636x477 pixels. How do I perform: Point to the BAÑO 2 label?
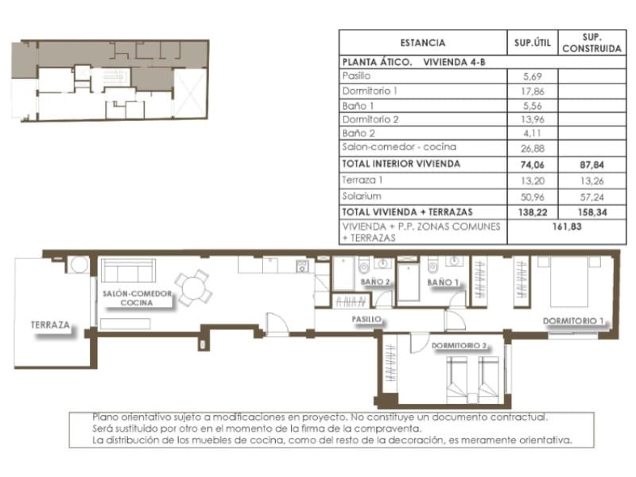point(374,282)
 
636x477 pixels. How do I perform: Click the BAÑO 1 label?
point(443,282)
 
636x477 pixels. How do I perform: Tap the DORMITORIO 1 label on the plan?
point(574,321)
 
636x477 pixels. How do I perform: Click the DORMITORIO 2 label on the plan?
point(460,346)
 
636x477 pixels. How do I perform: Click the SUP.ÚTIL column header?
point(532,43)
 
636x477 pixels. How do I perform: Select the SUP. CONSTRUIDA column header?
point(591,43)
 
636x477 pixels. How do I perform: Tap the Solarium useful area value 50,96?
point(532,195)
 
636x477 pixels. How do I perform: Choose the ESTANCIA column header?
point(422,43)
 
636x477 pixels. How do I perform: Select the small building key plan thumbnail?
point(112,80)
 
